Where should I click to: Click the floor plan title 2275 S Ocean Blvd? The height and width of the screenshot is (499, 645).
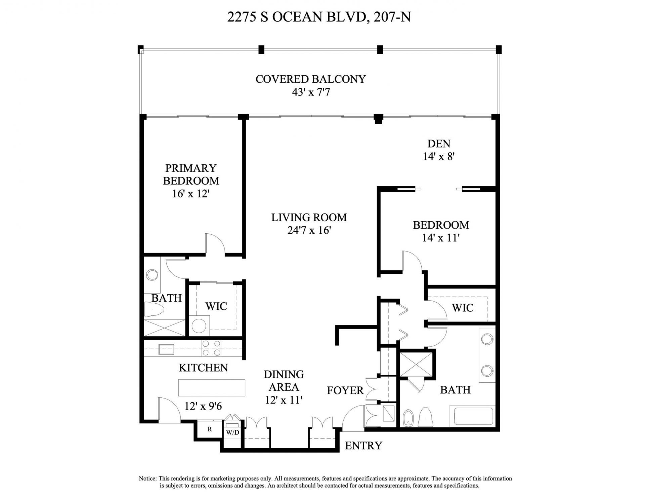318,17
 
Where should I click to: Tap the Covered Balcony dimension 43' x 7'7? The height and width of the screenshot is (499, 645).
310,92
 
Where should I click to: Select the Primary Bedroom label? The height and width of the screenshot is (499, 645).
191,174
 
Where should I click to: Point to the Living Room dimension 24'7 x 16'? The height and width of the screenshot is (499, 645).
309,230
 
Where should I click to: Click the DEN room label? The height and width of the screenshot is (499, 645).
439,144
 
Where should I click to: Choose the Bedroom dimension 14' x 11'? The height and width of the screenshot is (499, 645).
440,238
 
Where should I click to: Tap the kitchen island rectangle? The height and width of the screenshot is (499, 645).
211,388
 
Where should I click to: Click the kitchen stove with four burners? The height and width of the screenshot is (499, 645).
211,348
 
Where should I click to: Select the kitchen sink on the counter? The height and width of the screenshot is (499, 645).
166,349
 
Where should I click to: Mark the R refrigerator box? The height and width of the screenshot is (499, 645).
210,429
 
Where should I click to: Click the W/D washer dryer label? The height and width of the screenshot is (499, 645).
232,432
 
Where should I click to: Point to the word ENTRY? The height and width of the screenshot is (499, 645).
363,446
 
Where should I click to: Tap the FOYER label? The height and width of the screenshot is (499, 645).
345,390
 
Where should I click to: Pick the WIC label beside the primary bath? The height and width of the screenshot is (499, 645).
216,306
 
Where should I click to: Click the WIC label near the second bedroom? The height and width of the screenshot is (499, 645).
462,308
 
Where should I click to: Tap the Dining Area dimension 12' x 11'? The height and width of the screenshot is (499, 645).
284,400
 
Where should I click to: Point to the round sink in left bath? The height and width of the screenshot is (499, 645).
152,275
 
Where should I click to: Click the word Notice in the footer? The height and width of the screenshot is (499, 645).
147,478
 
